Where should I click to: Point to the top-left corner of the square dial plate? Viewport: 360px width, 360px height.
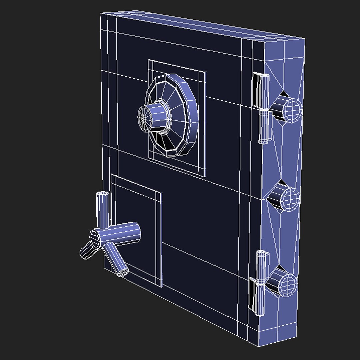tap(149, 60)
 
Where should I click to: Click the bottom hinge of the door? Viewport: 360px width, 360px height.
tap(260, 283)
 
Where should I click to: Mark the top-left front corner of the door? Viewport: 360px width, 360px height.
tap(101, 14)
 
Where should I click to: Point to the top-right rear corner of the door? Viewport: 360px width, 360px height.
tap(304, 39)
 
